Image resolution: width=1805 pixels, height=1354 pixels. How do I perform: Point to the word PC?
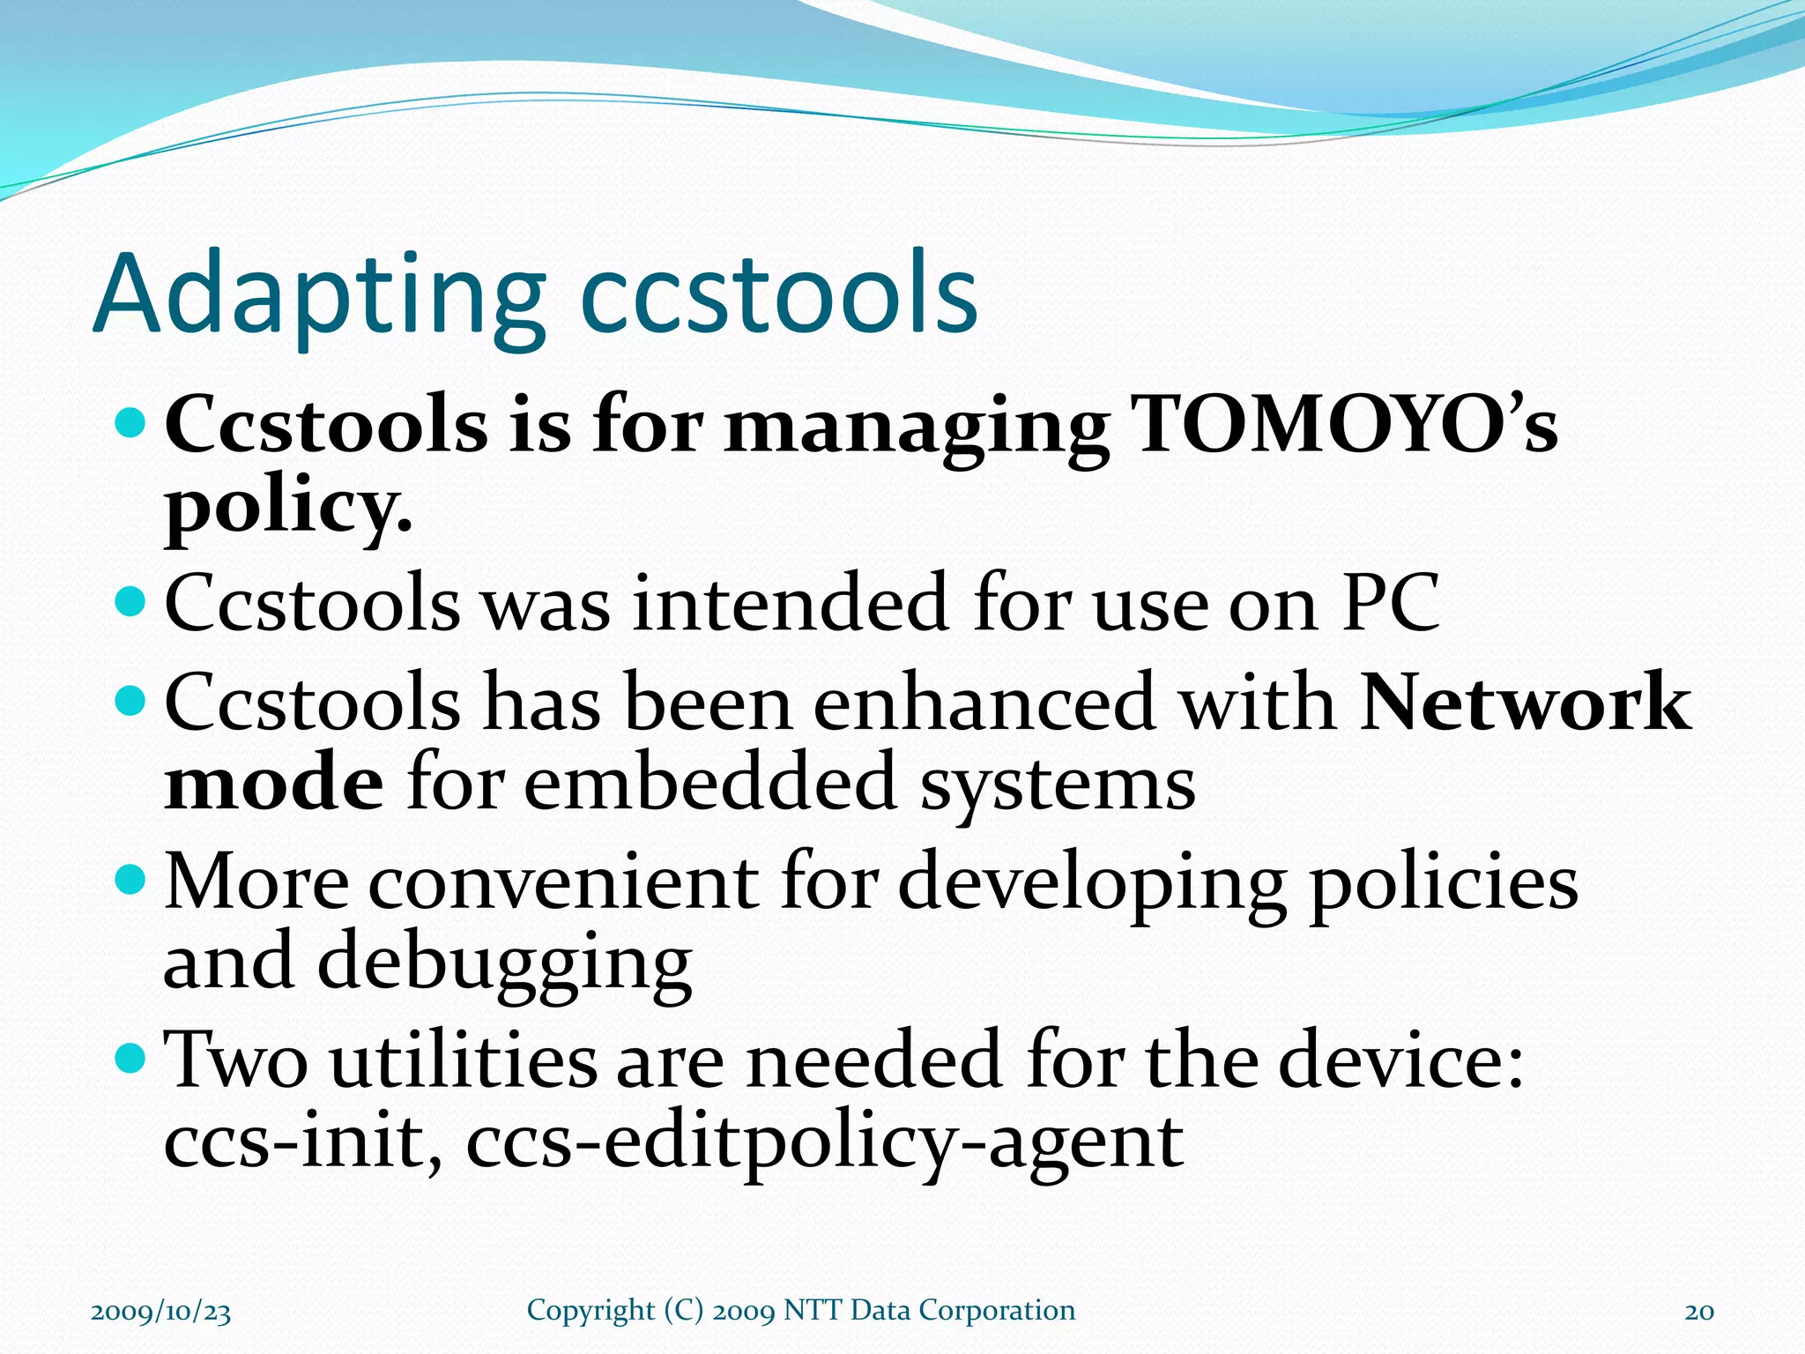point(1390,603)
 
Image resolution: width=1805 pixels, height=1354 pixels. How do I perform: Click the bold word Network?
point(1525,703)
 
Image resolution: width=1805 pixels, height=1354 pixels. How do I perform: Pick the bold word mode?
point(274,783)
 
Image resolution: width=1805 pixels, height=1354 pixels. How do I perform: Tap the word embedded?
point(710,783)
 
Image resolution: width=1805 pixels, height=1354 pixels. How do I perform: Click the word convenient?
point(563,882)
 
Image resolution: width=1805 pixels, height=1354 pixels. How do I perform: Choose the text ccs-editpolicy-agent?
point(824,1142)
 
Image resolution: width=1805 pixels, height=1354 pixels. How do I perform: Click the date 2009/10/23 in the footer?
point(160,1311)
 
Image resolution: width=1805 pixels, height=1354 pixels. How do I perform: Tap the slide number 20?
point(1699,1311)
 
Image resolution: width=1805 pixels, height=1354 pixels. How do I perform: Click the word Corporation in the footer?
point(997,1310)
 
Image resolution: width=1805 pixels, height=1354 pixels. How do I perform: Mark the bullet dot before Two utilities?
point(130,1055)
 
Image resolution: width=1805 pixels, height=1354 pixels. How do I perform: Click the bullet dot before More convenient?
point(130,878)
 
